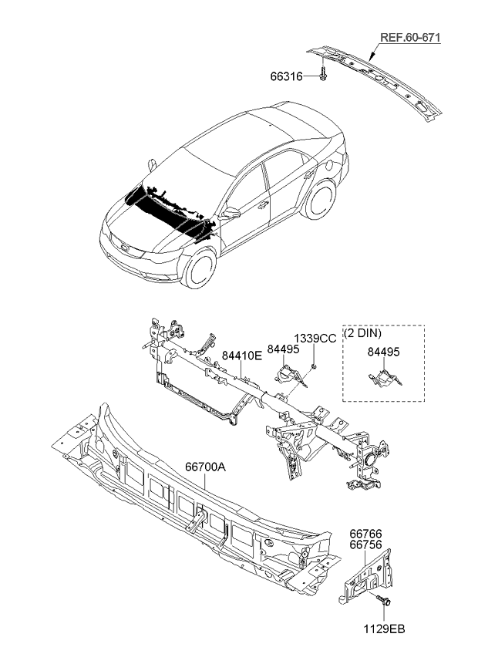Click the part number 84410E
pos(242,355)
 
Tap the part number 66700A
pos(204,467)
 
